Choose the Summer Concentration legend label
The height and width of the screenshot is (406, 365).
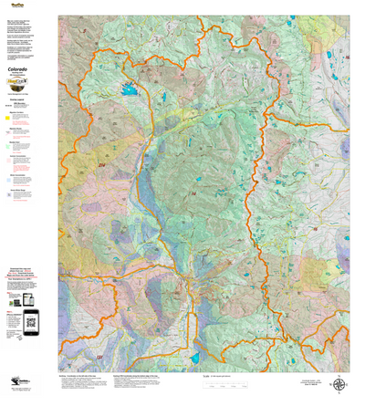tap(17, 156)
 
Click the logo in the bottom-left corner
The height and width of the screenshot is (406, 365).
tap(11, 397)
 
